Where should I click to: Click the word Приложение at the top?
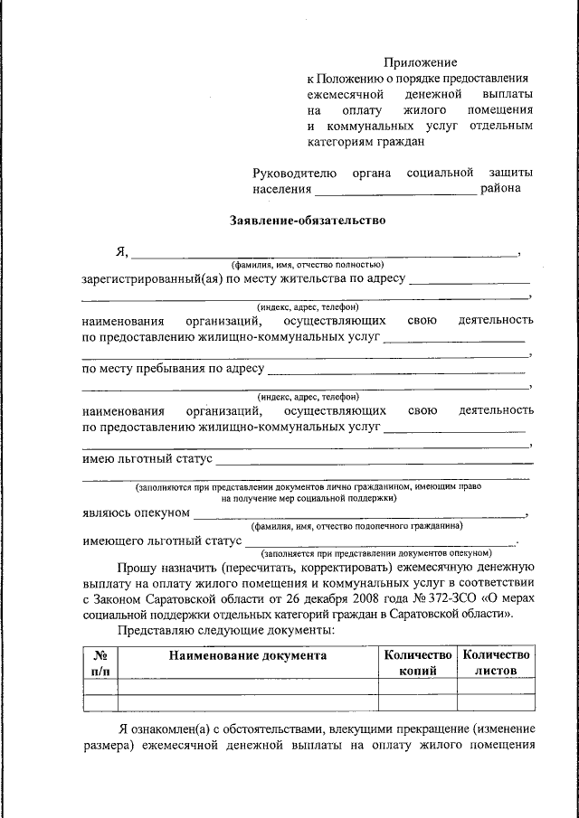(421, 62)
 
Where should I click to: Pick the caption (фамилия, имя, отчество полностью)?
(308, 264)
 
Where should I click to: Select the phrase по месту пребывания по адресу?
(173, 368)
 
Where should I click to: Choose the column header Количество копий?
(417, 663)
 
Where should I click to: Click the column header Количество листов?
(495, 663)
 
